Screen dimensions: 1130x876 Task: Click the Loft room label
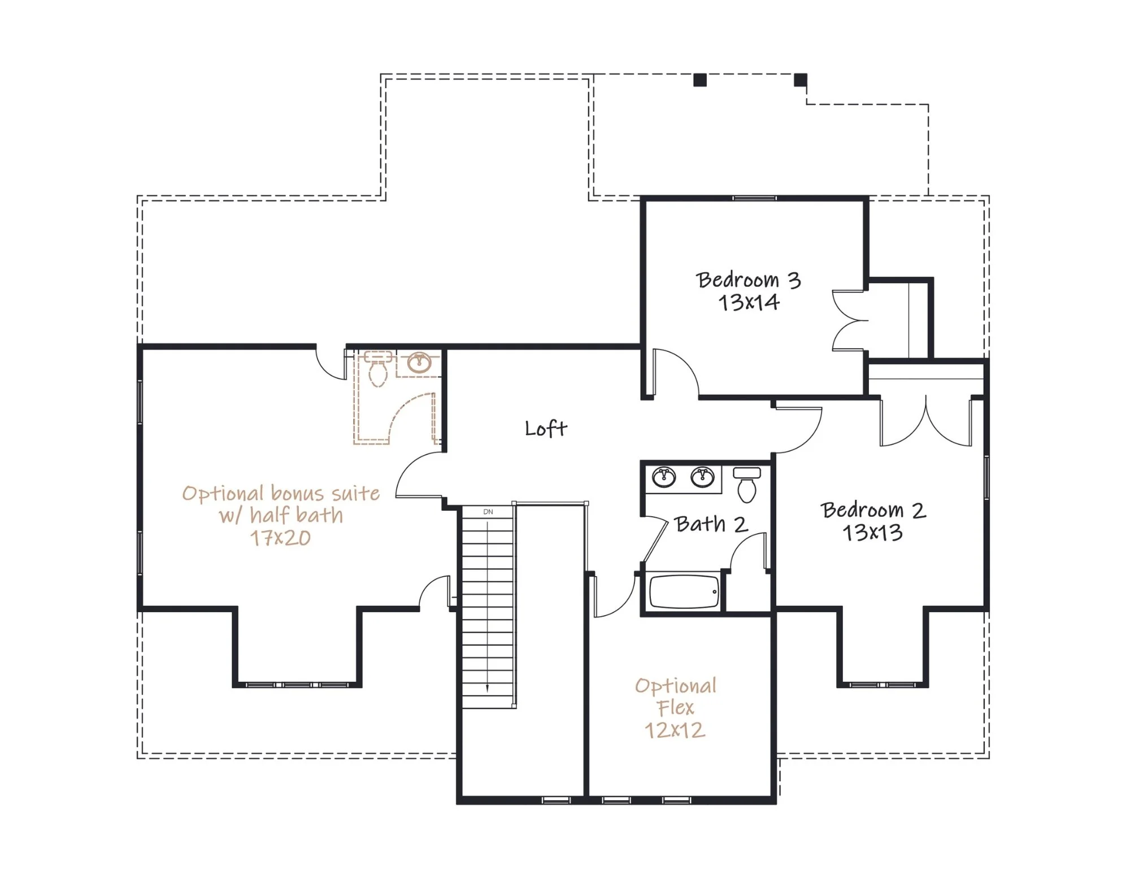[546, 428]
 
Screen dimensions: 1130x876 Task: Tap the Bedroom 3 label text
[749, 280]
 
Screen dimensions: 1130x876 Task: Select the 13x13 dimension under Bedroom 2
[873, 533]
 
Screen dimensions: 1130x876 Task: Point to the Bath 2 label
[711, 524]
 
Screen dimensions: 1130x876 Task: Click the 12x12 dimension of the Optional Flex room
[675, 730]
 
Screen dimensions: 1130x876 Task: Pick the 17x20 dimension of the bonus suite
[281, 538]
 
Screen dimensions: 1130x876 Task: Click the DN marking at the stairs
[488, 512]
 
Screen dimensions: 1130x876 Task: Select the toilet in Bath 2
[747, 485]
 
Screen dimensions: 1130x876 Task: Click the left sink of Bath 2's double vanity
[664, 477]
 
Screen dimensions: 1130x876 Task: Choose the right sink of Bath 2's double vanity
[702, 477]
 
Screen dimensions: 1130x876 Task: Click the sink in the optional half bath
[419, 363]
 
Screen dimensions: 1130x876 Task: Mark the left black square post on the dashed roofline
[700, 80]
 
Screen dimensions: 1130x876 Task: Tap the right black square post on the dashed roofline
[801, 80]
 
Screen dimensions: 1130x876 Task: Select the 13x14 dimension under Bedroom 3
[749, 303]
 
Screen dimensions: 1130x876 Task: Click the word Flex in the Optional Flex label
[675, 708]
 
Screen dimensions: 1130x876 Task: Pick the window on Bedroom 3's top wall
[754, 198]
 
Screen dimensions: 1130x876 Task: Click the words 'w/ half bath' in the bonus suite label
[281, 515]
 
